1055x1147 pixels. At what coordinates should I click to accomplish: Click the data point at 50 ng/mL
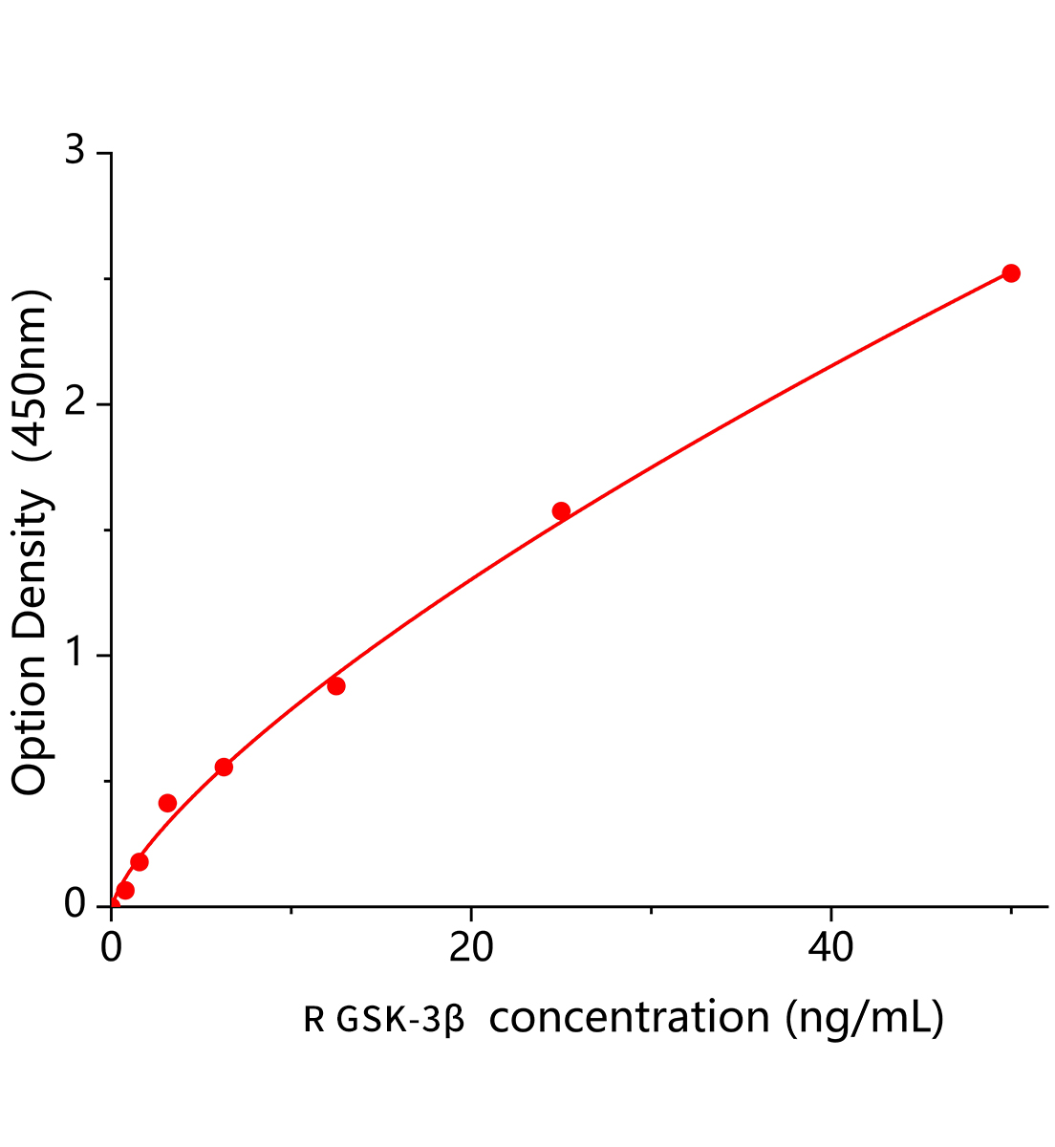pyautogui.click(x=1010, y=273)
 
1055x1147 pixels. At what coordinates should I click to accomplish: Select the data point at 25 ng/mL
pyautogui.click(x=561, y=511)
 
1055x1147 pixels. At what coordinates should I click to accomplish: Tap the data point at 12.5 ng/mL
pyautogui.click(x=335, y=686)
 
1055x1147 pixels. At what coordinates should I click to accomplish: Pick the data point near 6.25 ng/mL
pyautogui.click(x=224, y=767)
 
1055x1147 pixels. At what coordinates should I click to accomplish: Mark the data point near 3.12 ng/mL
pyautogui.click(x=167, y=803)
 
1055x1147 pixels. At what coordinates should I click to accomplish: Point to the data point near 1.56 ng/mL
pyautogui.click(x=140, y=862)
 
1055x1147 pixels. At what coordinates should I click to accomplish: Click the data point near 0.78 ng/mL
pyautogui.click(x=125, y=891)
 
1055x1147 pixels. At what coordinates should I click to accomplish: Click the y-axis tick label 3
pyautogui.click(x=75, y=152)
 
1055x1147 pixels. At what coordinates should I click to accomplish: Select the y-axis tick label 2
pyautogui.click(x=75, y=404)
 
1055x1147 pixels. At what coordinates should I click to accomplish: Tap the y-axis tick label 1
pyautogui.click(x=75, y=656)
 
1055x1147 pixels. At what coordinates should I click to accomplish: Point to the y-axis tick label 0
pyautogui.click(x=75, y=904)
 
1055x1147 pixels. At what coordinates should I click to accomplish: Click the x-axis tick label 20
pyautogui.click(x=471, y=948)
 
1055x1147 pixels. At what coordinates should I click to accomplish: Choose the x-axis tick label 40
pyautogui.click(x=830, y=948)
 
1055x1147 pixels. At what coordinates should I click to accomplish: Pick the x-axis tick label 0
pyautogui.click(x=112, y=948)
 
